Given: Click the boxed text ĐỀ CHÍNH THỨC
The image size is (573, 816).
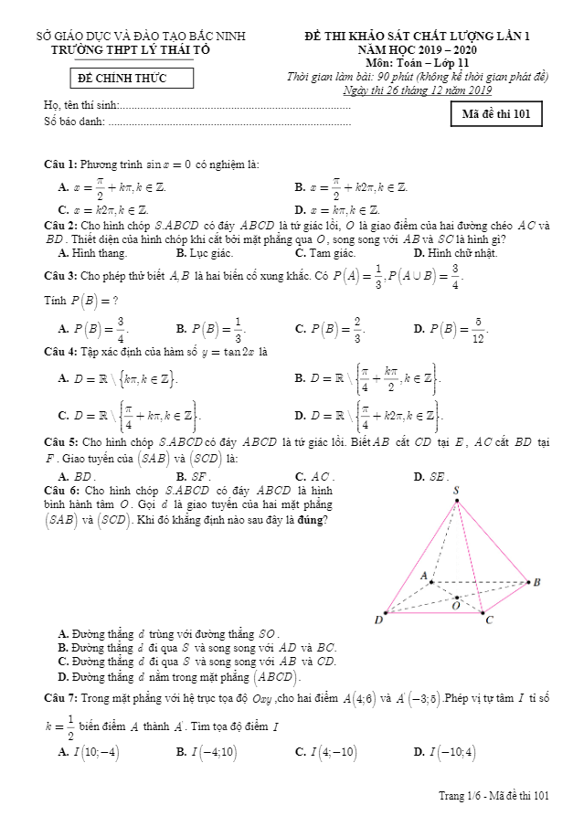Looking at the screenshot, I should coord(122,79).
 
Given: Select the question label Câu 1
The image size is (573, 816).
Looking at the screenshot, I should coord(60,164).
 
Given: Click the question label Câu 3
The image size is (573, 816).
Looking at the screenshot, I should coord(60,275).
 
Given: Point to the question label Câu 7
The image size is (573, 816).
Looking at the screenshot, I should coord(60,698).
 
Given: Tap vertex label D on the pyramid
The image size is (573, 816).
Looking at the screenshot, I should coord(378,620).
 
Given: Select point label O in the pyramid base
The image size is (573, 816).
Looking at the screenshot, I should coord(456,605).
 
